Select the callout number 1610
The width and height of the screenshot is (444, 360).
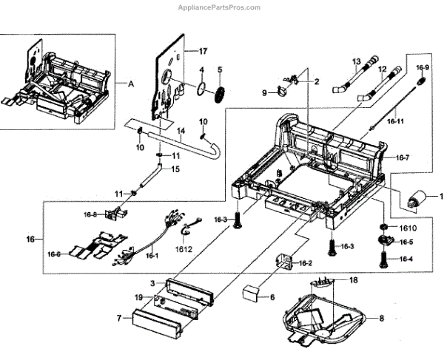pyautogui.click(x=408, y=229)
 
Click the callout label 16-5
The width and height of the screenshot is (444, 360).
pyautogui.click(x=406, y=242)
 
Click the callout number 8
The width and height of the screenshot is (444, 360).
pyautogui.click(x=380, y=318)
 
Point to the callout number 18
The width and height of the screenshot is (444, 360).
pyautogui.click(x=353, y=282)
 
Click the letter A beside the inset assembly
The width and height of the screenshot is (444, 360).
pyautogui.click(x=132, y=84)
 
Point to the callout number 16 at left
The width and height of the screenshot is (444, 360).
pyautogui.click(x=29, y=240)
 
